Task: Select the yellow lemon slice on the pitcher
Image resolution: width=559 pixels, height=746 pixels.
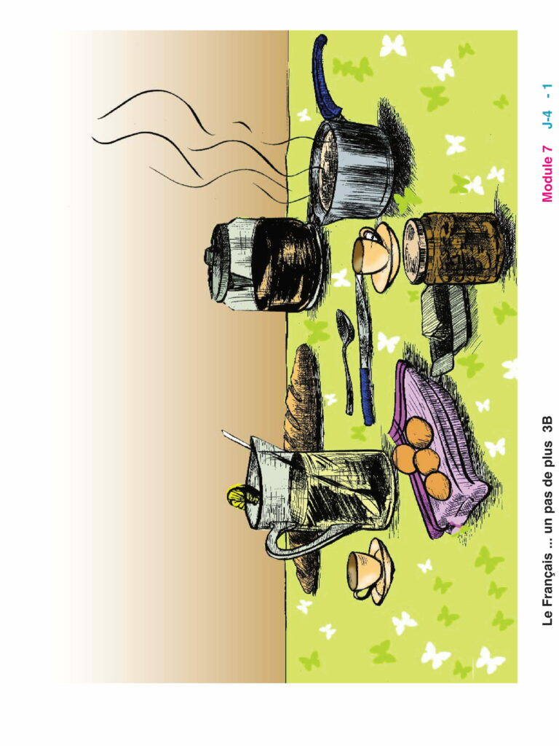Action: (243, 495)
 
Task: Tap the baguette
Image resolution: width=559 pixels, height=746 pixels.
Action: (302, 457)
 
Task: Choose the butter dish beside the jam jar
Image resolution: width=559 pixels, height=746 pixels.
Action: (445, 329)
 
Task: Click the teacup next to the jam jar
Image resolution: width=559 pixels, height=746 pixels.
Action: (376, 257)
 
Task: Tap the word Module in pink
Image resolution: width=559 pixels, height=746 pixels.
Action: (547, 179)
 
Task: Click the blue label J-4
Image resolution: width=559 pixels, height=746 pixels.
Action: (547, 119)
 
